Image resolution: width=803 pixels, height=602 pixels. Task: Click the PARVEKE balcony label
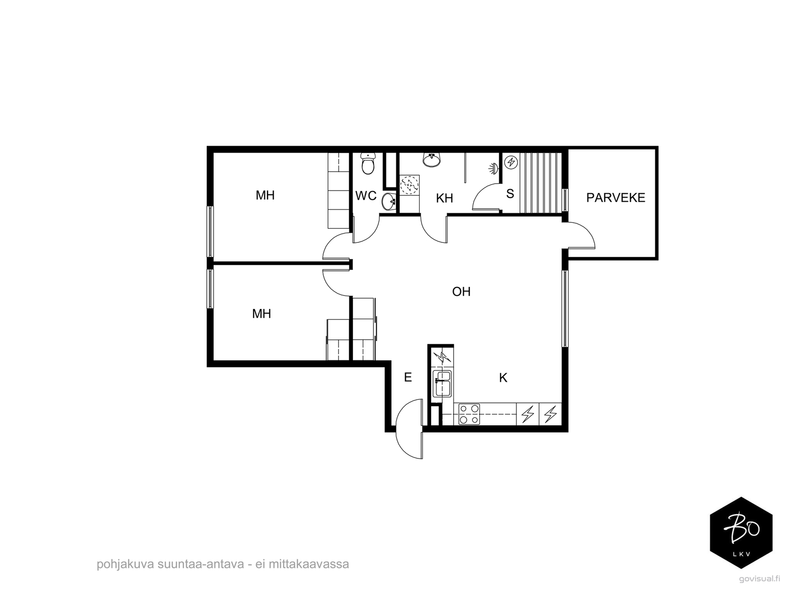pyautogui.click(x=615, y=198)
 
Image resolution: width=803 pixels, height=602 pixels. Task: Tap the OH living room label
pyautogui.click(x=461, y=291)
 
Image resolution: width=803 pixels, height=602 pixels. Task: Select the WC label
pyautogui.click(x=365, y=196)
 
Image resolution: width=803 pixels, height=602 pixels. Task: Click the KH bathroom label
pyautogui.click(x=444, y=198)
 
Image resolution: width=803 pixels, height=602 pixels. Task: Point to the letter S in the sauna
pyautogui.click(x=510, y=194)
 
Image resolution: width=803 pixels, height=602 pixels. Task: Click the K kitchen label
pyautogui.click(x=503, y=378)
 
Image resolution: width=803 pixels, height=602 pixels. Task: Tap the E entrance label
pyautogui.click(x=408, y=377)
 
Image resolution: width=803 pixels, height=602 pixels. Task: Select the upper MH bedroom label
pyautogui.click(x=265, y=196)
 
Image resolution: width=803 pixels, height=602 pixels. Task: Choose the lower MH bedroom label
pyautogui.click(x=261, y=314)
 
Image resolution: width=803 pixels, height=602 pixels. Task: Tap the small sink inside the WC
pyautogui.click(x=388, y=201)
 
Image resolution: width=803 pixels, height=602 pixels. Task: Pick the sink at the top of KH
pyautogui.click(x=432, y=160)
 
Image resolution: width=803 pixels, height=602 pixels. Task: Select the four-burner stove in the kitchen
pyautogui.click(x=469, y=414)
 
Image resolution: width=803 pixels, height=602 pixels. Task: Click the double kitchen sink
pyautogui.click(x=442, y=383)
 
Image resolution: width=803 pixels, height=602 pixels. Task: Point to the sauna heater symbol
pyautogui.click(x=511, y=162)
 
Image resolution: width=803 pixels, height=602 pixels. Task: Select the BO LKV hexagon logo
pyautogui.click(x=741, y=533)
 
